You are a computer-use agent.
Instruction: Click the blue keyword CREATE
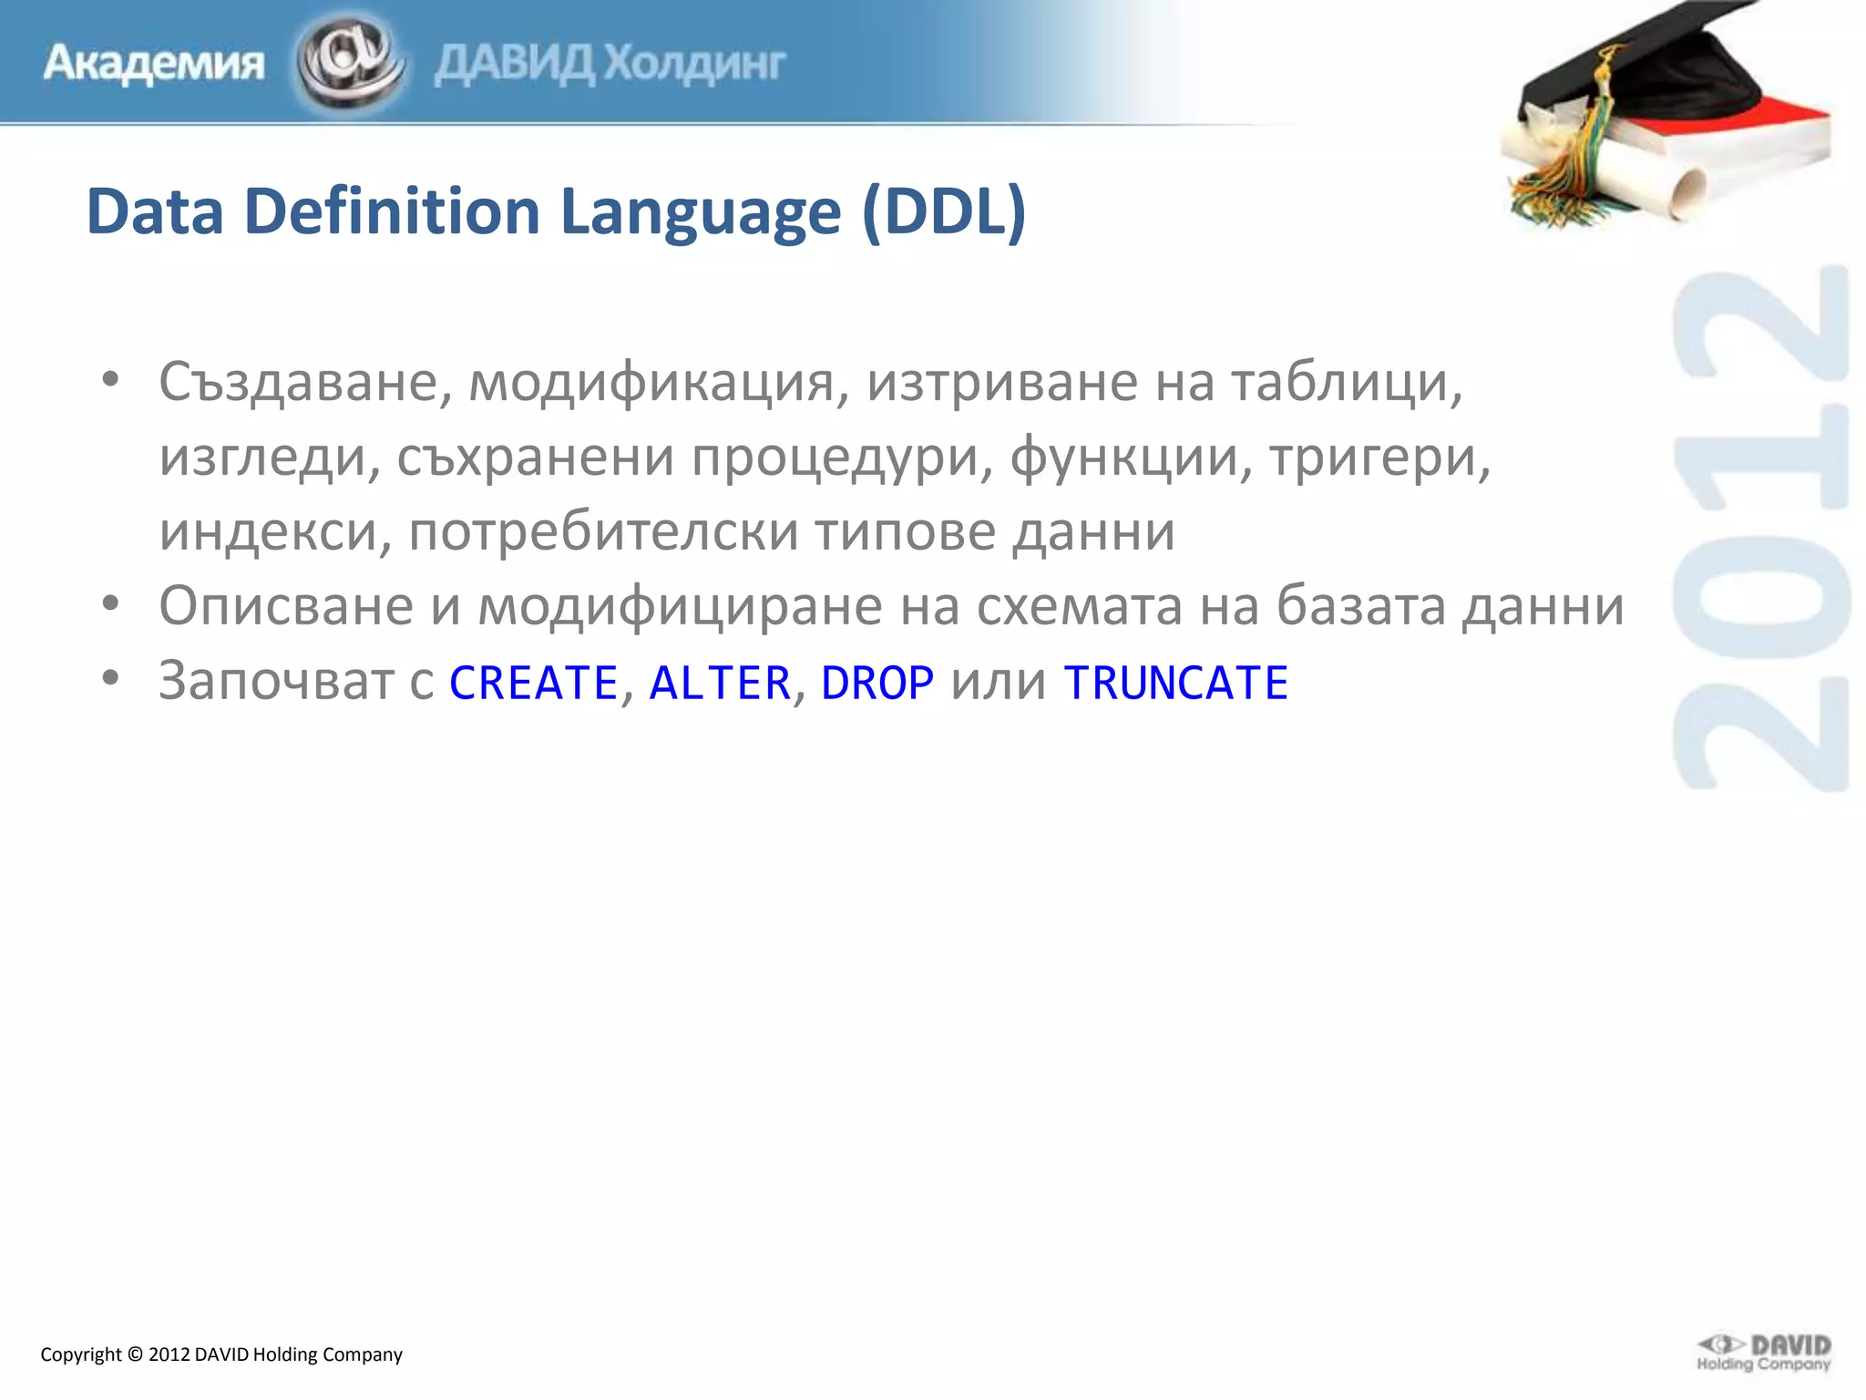click(534, 683)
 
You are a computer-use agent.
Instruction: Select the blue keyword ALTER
click(720, 683)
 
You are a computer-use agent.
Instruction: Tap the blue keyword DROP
click(877, 683)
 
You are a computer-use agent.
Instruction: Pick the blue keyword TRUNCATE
click(1176, 683)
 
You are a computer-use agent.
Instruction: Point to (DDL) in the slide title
click(944, 211)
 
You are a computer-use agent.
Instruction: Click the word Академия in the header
click(153, 64)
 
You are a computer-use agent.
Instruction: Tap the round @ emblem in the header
click(349, 62)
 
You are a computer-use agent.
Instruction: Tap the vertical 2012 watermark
click(1761, 529)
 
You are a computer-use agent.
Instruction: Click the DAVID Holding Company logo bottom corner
click(1764, 1353)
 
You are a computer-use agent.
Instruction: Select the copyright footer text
click(221, 1354)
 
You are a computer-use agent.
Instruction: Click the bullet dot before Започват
click(110, 678)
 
